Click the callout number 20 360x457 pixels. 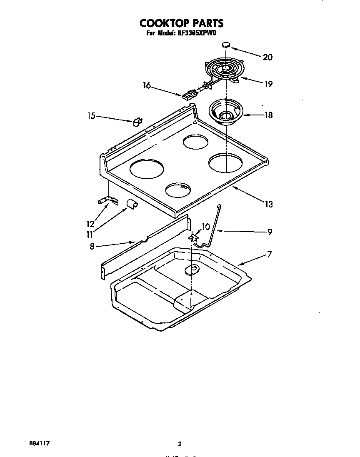(267, 57)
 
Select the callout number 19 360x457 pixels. (268, 84)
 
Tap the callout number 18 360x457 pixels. (268, 115)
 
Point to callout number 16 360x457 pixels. (147, 85)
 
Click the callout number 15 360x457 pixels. (92, 116)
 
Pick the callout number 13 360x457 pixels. (269, 204)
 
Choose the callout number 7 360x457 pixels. (270, 254)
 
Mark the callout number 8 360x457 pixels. (92, 246)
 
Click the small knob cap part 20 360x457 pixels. (226, 44)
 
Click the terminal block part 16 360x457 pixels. (188, 95)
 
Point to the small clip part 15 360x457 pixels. (136, 122)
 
